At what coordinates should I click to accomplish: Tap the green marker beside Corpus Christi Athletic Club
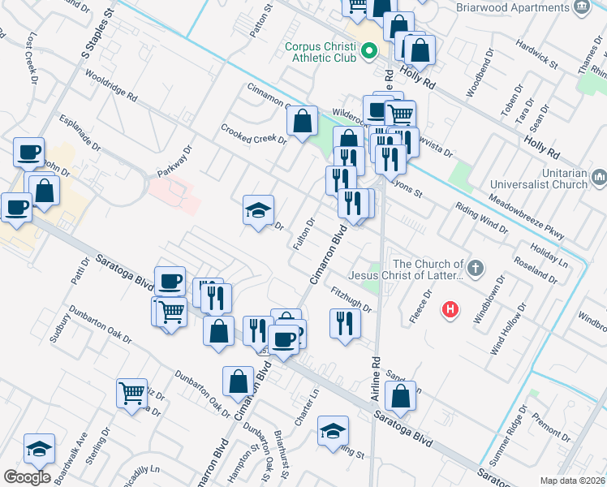click(x=369, y=54)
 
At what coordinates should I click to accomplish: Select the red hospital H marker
click(x=449, y=309)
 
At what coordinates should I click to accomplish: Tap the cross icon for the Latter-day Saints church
click(x=476, y=267)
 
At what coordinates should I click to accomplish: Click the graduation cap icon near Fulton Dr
click(x=259, y=210)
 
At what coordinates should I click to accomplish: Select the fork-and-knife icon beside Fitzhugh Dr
click(x=345, y=323)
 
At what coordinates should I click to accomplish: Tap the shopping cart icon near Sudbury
click(x=131, y=393)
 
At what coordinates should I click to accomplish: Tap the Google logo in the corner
click(x=27, y=477)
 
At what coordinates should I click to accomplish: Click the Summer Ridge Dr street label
click(x=518, y=425)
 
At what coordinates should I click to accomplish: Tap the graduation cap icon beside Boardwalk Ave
click(x=38, y=448)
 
